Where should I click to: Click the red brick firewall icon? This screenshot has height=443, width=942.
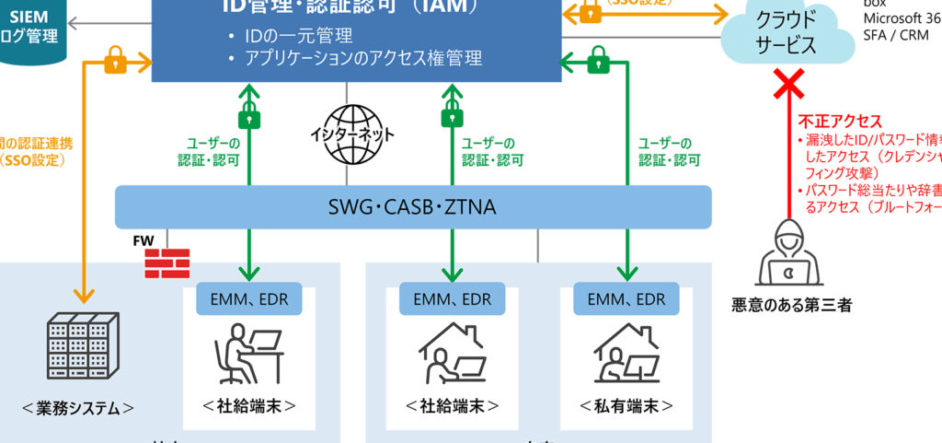[x=166, y=262]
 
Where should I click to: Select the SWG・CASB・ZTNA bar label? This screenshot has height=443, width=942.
[x=413, y=206]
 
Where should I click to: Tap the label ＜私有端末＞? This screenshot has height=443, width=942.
[x=626, y=406]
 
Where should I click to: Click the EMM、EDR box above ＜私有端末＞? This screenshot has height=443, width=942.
[x=626, y=298]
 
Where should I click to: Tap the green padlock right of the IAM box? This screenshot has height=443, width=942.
[x=596, y=63]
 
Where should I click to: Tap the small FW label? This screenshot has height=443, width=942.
[x=143, y=241]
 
